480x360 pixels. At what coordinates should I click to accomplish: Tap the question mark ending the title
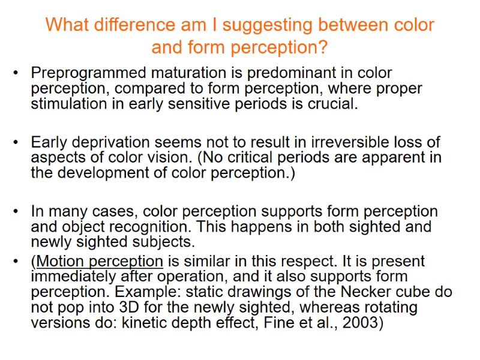coord(323,47)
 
